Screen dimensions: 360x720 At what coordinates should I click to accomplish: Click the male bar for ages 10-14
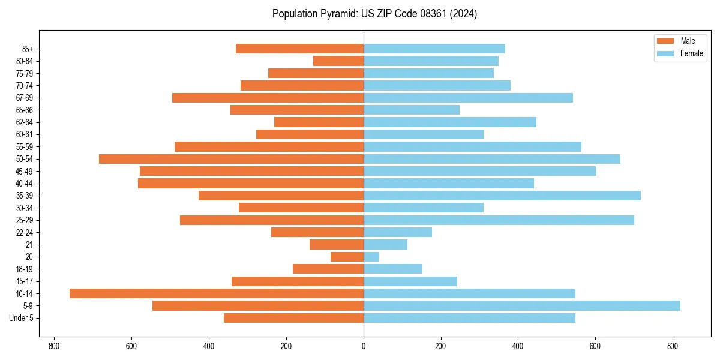[x=216, y=293]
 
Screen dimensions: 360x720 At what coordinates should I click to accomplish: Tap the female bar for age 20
[x=371, y=257]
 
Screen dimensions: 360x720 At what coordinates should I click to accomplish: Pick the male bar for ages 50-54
[x=231, y=159]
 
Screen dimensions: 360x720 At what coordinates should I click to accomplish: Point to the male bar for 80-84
[x=338, y=61]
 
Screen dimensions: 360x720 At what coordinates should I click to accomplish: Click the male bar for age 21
[x=337, y=244]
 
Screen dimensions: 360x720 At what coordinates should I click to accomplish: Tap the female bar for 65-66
[x=412, y=110]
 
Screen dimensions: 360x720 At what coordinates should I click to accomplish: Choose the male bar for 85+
[x=299, y=49]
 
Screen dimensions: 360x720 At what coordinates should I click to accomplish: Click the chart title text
[x=374, y=14]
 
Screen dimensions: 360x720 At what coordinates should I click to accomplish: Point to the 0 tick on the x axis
[x=364, y=346]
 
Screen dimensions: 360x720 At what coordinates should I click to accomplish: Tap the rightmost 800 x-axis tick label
[x=673, y=346]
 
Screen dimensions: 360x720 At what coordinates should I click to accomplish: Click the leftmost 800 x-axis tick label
[x=54, y=346]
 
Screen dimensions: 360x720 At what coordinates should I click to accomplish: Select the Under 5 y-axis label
[x=21, y=318]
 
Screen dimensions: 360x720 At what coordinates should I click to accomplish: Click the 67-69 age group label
[x=25, y=98]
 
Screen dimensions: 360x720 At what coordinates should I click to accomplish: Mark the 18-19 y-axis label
[x=25, y=269]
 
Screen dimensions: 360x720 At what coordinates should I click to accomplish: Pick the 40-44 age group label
[x=25, y=184]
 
